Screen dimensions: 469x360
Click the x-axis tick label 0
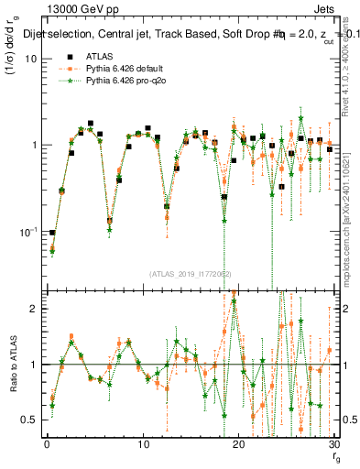(x=47, y=444)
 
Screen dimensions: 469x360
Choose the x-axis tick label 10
(x=142, y=444)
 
